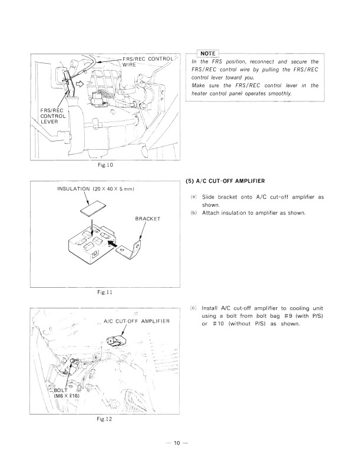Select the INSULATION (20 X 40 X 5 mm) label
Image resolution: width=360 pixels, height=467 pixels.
point(96,189)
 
